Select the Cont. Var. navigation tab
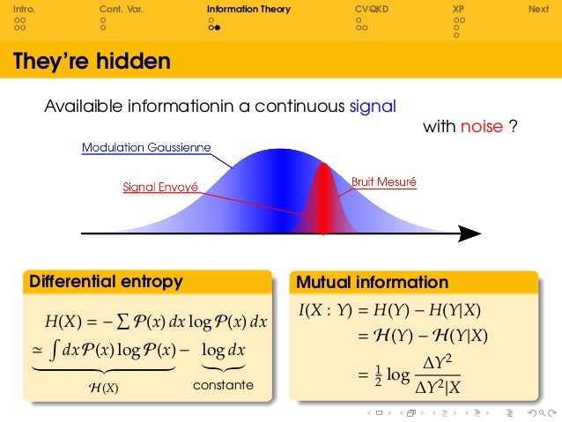click(121, 9)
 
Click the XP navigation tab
click(457, 9)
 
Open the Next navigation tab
click(537, 9)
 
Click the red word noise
click(481, 128)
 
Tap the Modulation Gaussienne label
click(146, 147)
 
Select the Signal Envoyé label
click(160, 187)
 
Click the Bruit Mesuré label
click(384, 182)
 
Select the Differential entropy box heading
click(106, 282)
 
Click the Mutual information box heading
click(373, 283)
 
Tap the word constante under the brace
click(222, 385)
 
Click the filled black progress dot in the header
click(216, 27)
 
